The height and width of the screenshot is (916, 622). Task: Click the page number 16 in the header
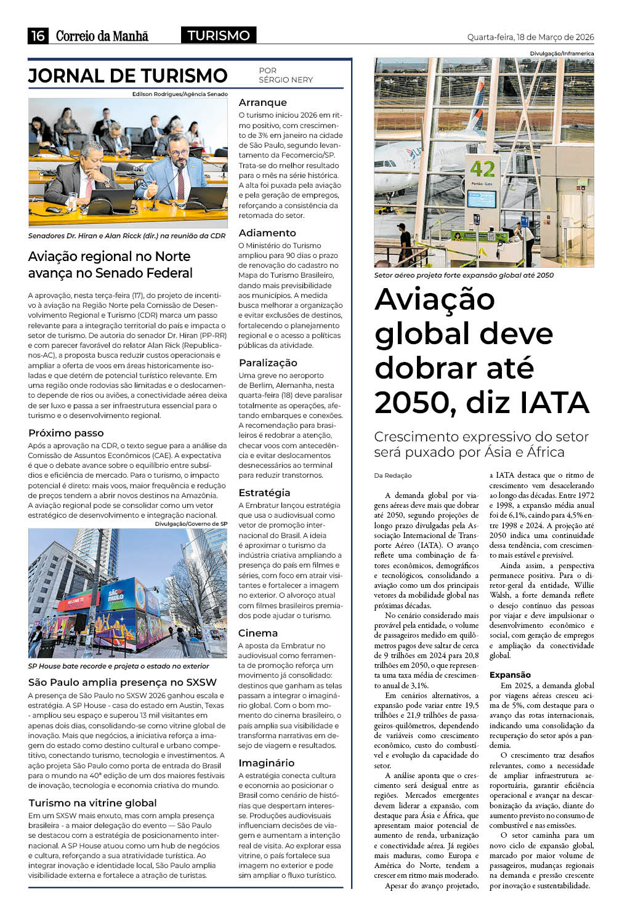(38, 36)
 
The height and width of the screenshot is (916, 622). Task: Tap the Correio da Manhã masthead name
(102, 36)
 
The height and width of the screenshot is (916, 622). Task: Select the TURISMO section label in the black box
(219, 36)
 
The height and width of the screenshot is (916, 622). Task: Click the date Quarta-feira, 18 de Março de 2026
(530, 37)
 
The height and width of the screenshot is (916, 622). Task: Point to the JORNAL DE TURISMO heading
(128, 76)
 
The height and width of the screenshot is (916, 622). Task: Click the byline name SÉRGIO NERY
(286, 80)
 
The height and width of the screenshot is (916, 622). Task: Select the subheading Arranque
(262, 102)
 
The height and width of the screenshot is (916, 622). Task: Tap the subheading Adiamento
(267, 233)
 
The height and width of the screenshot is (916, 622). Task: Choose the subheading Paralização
(268, 363)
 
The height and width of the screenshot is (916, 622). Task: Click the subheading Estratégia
(264, 492)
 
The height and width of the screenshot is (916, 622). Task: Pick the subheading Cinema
(258, 633)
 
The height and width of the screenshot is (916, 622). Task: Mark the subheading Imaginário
(266, 763)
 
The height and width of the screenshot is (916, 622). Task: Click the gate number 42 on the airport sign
(482, 169)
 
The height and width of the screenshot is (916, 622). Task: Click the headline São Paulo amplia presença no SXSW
(123, 682)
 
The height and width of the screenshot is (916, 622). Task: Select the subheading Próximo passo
(66, 433)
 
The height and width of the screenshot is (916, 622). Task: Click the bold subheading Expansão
(510, 675)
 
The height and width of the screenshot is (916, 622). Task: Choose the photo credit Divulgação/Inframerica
(562, 54)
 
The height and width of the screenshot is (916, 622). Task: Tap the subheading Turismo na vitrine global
(92, 803)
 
